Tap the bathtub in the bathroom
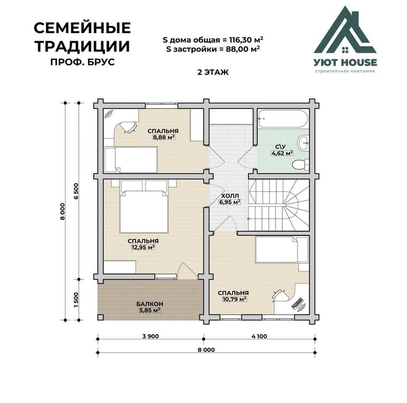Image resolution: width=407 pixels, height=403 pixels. coord(284,118)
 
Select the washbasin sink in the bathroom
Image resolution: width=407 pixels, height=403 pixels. coord(304,142)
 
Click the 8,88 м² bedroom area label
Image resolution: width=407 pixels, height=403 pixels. coord(163,137)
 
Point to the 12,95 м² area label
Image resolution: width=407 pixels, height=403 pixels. coord(143,247)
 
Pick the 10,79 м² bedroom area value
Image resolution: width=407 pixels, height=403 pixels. coord(234,299)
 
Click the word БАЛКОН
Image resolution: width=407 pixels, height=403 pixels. coord(150,304)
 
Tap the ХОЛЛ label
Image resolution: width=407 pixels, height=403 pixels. coord(230,196)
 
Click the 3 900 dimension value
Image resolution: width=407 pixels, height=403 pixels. coord(150,336)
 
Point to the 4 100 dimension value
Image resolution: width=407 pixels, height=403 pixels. coord(259,336)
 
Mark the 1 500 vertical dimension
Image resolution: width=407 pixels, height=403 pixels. coord(76,300)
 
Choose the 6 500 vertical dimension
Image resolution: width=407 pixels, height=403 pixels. coord(76,191)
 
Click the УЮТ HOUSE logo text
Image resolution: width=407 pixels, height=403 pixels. coord(345,62)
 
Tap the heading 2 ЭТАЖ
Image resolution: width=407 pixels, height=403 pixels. coord(213,72)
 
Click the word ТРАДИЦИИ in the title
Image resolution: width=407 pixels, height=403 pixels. coord(82,46)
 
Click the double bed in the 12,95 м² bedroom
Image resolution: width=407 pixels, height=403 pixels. coord(144,206)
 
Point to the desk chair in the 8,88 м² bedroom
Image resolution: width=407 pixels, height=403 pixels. coord(129,127)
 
